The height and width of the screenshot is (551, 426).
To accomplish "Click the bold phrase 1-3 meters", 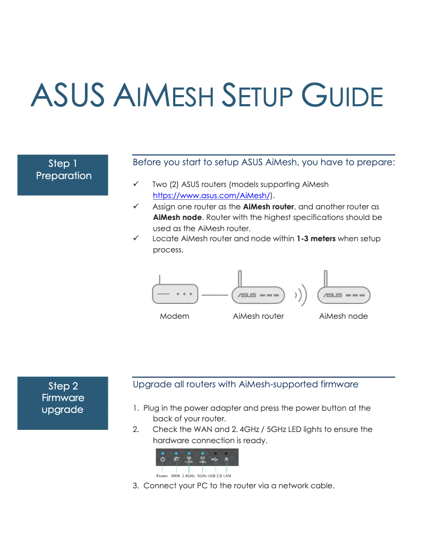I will point(316,239).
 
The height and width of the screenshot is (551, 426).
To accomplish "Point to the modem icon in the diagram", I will point(175,293).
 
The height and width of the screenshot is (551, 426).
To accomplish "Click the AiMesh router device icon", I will point(258,294).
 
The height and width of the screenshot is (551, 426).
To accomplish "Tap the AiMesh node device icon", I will point(344,294).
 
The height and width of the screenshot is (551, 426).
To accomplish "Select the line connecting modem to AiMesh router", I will point(215,294).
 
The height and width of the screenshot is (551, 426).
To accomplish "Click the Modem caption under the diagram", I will point(174,316).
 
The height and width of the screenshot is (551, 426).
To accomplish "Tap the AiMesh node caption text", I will point(343,316).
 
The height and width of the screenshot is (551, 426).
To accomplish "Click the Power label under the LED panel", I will point(162,476).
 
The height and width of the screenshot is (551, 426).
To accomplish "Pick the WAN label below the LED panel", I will point(175,476).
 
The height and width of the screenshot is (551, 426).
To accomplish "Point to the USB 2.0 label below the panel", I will point(215,476).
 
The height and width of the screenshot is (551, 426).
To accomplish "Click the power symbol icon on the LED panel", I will point(163,459).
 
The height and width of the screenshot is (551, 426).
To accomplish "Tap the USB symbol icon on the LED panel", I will point(215,459).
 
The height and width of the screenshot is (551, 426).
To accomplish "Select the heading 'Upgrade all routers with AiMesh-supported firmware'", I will point(245,384).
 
